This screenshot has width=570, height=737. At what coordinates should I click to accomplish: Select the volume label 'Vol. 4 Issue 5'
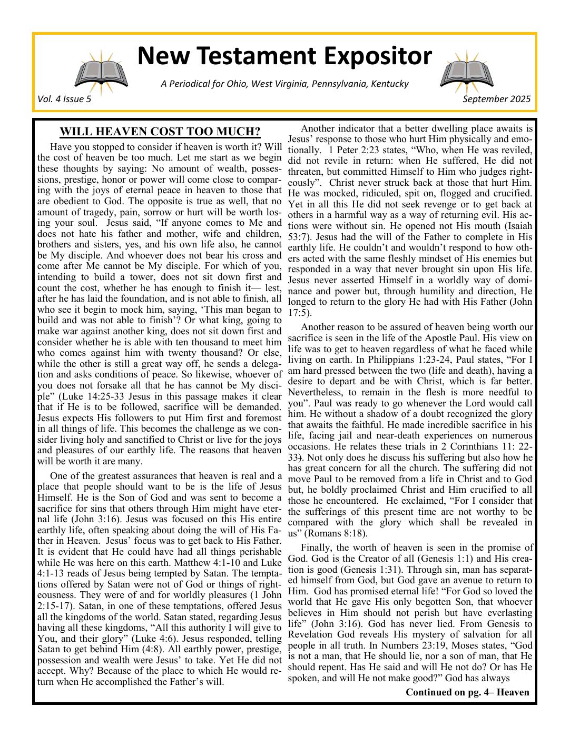point(64,99)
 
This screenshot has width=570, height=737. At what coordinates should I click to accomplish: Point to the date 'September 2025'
point(497,99)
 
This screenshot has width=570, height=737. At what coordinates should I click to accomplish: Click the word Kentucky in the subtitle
point(390,84)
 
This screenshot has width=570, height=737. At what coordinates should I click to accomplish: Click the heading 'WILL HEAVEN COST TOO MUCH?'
point(160,132)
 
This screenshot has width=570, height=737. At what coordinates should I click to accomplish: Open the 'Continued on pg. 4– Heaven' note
point(467,692)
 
